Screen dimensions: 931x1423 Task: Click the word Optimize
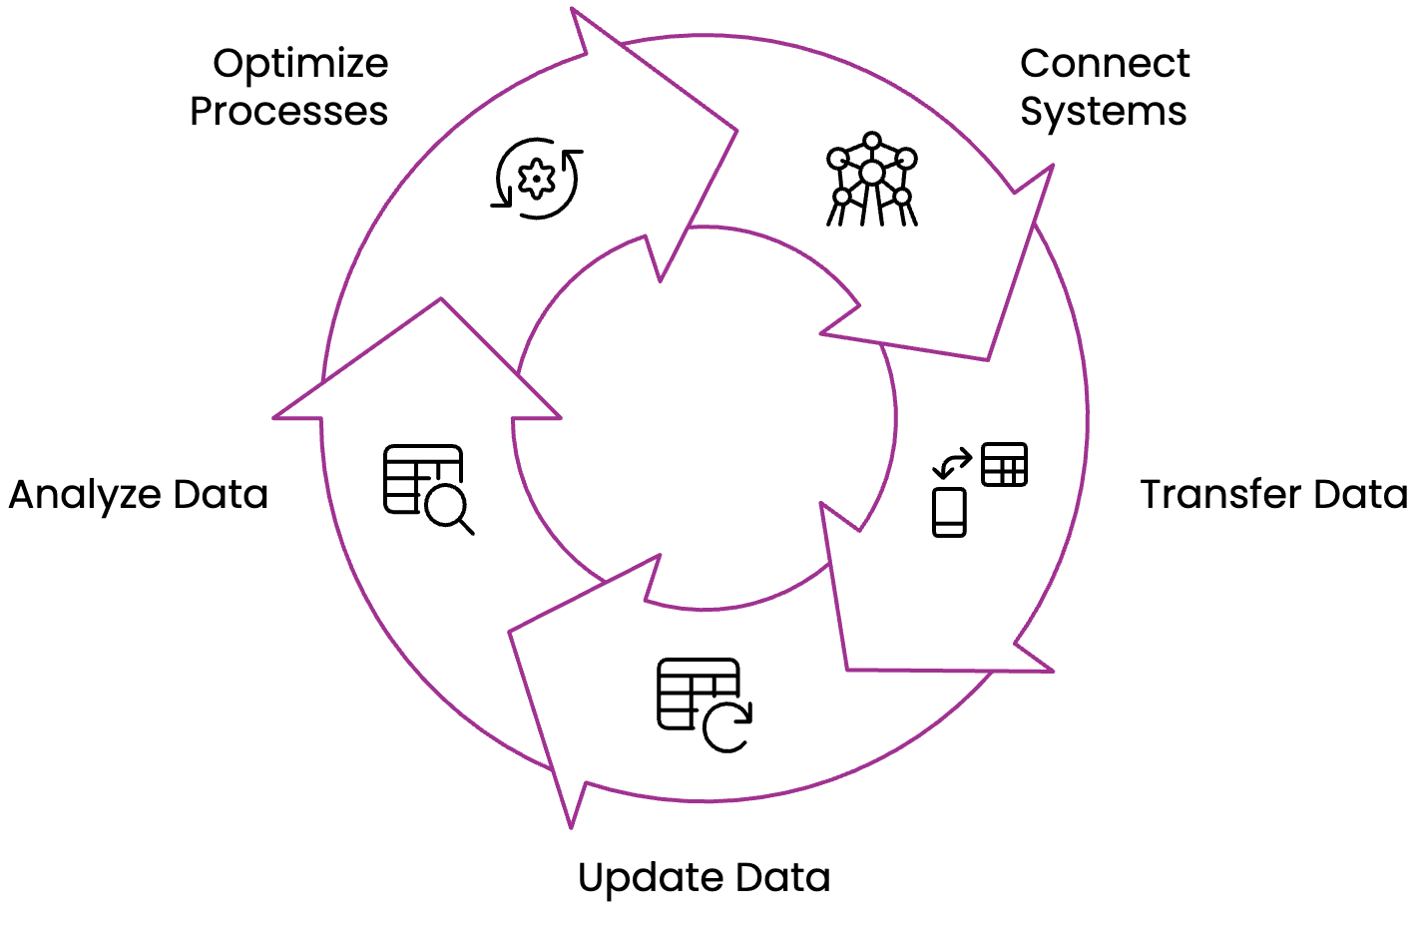300,65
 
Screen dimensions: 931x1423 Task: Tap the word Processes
288,112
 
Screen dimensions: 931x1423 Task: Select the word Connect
1105,64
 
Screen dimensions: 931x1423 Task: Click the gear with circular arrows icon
538,179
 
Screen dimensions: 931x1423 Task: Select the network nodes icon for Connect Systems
871,179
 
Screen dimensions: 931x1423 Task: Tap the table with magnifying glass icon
427,488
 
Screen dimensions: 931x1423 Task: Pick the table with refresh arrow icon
704,704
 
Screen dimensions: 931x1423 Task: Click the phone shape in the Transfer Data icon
949,512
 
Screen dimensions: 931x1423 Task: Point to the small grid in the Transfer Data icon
1004,464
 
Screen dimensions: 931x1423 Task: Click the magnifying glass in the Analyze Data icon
446,507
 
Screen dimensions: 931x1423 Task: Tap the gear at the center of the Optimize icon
538,179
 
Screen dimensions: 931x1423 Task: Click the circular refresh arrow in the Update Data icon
727,725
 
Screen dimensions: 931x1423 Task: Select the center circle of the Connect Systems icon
872,173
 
